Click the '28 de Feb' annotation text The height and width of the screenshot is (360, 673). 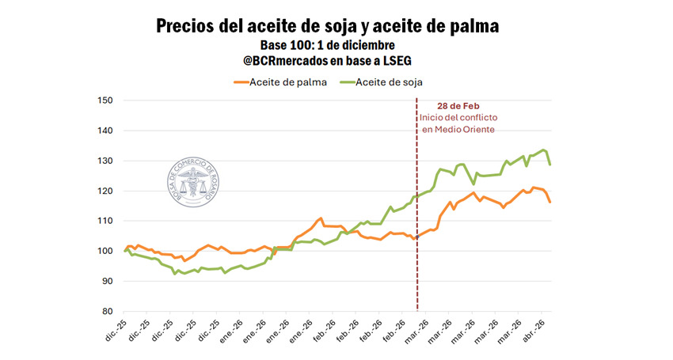[x=457, y=106]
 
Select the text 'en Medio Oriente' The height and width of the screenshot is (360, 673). [x=458, y=130]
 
